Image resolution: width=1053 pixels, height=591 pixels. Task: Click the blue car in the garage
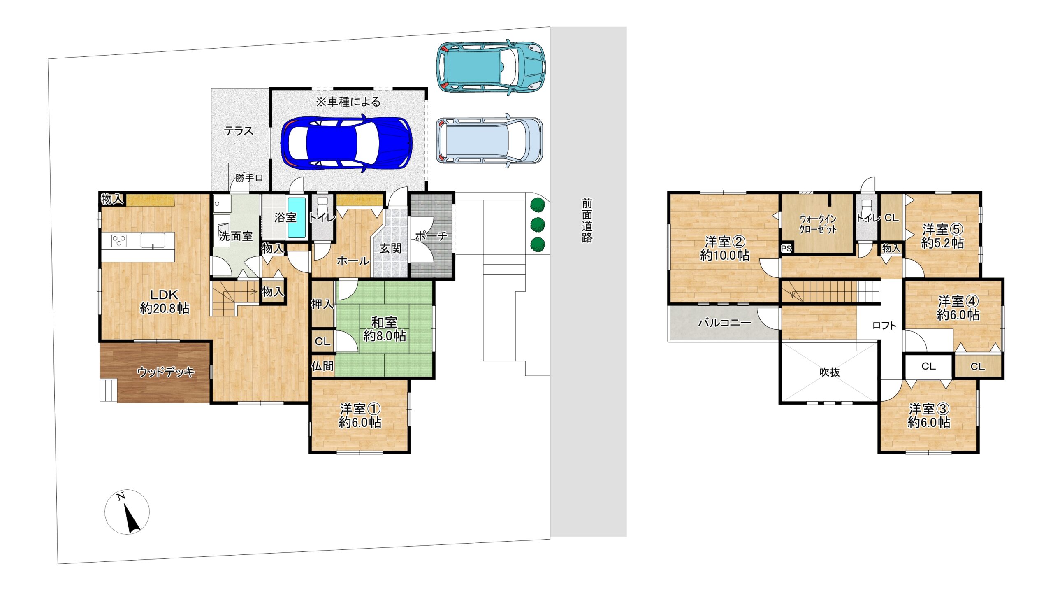[346, 143]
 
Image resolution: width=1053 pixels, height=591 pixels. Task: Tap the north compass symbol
[127, 512]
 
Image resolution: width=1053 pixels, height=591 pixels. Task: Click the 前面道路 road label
[587, 221]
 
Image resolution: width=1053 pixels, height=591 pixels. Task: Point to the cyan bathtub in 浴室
[296, 217]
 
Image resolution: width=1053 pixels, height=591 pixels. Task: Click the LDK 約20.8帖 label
[165, 301]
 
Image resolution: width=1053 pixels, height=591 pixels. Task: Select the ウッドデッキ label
[166, 372]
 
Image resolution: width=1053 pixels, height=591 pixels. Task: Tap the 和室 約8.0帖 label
[385, 329]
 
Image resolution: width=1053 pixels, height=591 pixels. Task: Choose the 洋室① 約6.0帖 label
[360, 416]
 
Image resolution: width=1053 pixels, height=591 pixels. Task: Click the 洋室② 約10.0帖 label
[725, 248]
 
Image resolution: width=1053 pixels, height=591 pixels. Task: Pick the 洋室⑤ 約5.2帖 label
[942, 236]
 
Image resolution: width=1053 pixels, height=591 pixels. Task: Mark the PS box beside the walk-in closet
[786, 248]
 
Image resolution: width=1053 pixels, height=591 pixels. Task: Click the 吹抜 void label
[829, 372]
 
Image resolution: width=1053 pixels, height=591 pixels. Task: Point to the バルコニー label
[724, 323]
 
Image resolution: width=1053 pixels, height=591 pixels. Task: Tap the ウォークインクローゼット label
[818, 224]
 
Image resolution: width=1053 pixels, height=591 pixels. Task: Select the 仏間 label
[322, 366]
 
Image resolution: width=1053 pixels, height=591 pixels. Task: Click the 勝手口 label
[249, 178]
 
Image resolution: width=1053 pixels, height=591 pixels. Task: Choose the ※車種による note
[348, 102]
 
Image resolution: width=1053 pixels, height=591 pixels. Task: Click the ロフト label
[884, 326]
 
